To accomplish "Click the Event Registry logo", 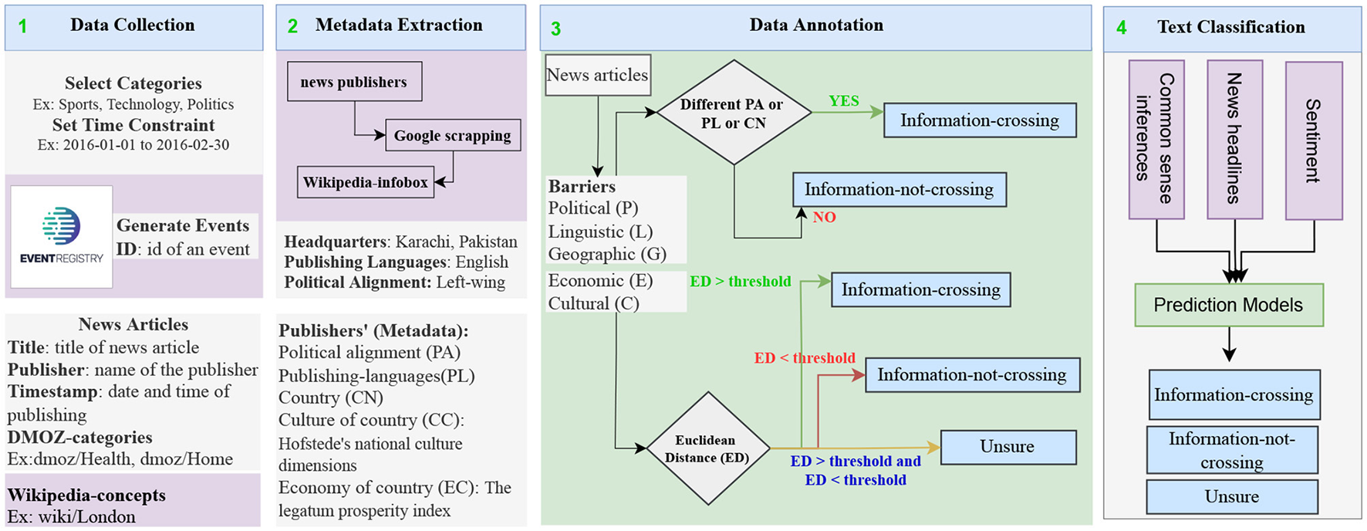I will coord(62,236).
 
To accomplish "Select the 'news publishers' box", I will coord(354,82).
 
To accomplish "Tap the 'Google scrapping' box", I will coord(452,136).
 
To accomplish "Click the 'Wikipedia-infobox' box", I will coord(365,183).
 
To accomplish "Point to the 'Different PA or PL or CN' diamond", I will coord(733,113).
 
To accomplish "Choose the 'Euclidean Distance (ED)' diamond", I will coord(707,448).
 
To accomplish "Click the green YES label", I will coord(843,101).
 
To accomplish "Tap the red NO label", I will coord(824,218).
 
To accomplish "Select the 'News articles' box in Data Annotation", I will coord(597,75).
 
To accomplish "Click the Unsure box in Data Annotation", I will coord(1008,447).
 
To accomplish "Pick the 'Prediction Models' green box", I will coord(1228,305).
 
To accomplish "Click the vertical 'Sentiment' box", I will coord(1313,140).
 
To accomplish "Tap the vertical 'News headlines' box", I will coord(1234,139).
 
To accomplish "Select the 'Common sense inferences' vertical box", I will coord(1156,139).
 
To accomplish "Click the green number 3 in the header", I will coord(555,29).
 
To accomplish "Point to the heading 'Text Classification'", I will coord(1230,27).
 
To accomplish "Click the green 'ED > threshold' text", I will coord(740,282).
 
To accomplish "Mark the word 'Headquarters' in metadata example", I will coord(334,242).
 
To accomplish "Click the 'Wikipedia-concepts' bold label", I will coord(86,495).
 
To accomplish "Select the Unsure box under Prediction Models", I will coord(1231,497).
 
